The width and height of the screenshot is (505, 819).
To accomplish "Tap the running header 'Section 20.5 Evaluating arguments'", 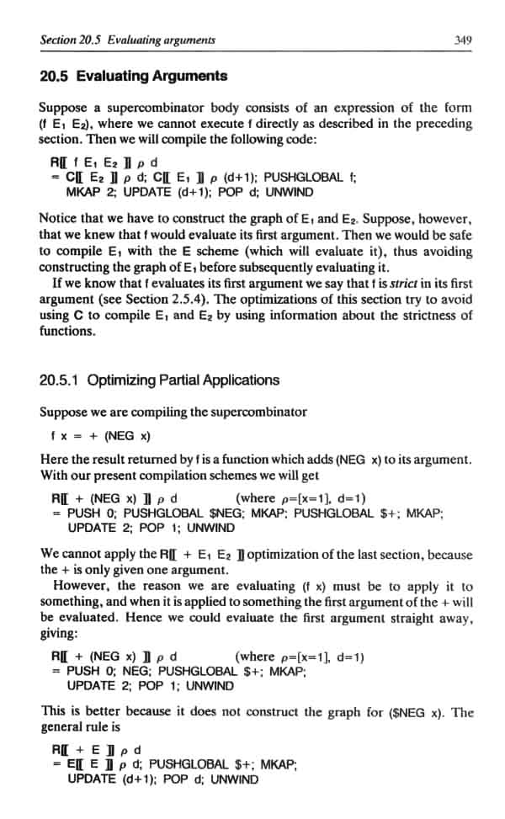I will coord(127,39).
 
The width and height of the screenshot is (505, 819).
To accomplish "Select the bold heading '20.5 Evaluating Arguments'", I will coord(133,77).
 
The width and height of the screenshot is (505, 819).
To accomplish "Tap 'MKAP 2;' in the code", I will coord(89,193).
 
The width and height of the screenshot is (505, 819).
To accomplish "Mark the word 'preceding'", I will coord(442,123).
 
